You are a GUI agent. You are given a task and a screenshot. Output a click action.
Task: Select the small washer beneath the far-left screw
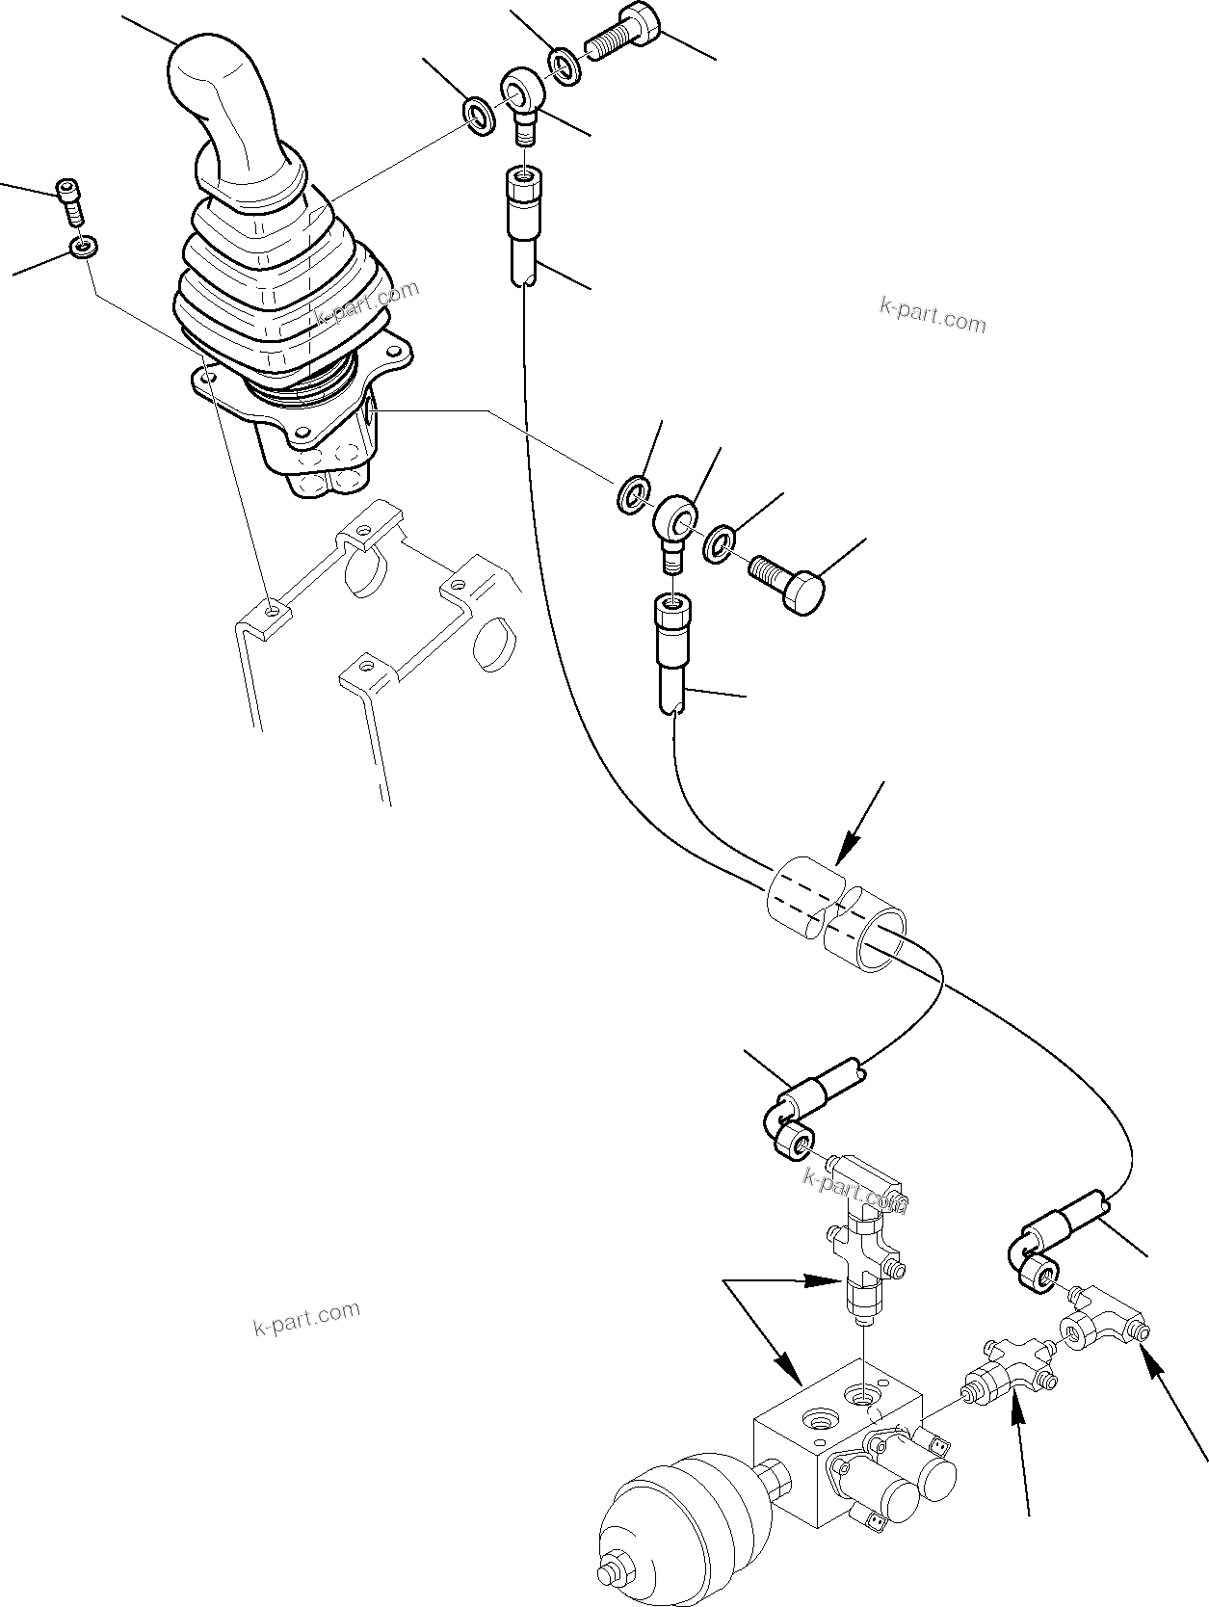tap(83, 248)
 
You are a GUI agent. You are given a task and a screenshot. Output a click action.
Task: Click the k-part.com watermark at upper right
tap(933, 315)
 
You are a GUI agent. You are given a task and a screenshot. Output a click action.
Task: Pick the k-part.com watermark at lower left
tap(306, 1319)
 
